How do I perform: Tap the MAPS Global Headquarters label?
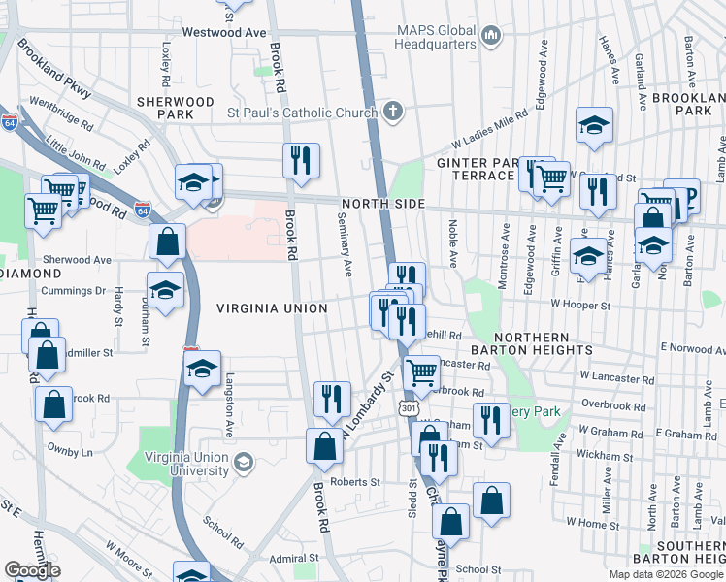(x=436, y=36)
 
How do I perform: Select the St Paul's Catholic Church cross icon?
(x=392, y=113)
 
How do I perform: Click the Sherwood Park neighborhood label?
(x=175, y=107)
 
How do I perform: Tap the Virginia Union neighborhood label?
(x=272, y=308)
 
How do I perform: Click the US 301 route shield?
(x=408, y=409)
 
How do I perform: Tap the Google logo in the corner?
(x=32, y=570)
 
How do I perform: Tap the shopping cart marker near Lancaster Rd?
(x=420, y=372)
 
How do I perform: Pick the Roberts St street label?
(x=355, y=482)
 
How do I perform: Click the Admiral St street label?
(x=294, y=558)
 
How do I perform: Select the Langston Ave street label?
(x=231, y=399)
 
